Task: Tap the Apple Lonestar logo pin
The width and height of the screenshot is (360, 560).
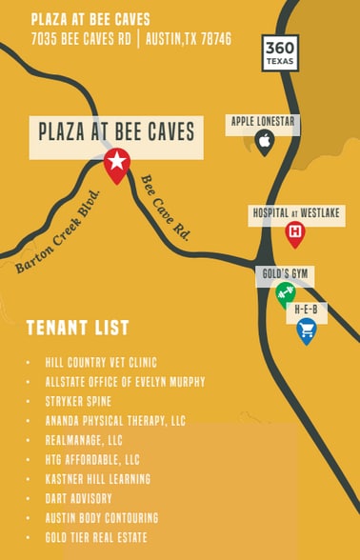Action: pyautogui.click(x=265, y=142)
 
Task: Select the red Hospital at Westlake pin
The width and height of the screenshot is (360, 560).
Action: pyautogui.click(x=295, y=231)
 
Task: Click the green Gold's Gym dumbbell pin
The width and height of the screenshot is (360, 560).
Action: pyautogui.click(x=285, y=292)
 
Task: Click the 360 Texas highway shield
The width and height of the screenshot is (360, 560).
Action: pyautogui.click(x=280, y=53)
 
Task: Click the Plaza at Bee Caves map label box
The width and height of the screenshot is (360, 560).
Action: pyautogui.click(x=116, y=130)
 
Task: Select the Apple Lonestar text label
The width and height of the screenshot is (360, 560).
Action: pyautogui.click(x=265, y=121)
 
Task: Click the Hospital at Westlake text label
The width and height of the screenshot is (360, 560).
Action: pyautogui.click(x=296, y=211)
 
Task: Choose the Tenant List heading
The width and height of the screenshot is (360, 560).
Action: pyautogui.click(x=77, y=329)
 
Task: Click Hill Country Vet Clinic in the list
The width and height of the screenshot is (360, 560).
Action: pyautogui.click(x=101, y=363)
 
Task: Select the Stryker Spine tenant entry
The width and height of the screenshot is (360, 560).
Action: pyautogui.click(x=78, y=402)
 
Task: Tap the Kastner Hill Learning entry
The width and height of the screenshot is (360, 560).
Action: pyautogui.click(x=97, y=479)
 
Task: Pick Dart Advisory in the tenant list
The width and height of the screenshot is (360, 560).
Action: pyautogui.click(x=78, y=498)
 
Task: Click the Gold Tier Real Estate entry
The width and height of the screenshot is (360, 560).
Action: pyautogui.click(x=98, y=537)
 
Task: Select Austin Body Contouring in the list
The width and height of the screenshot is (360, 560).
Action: pyautogui.click(x=101, y=518)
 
